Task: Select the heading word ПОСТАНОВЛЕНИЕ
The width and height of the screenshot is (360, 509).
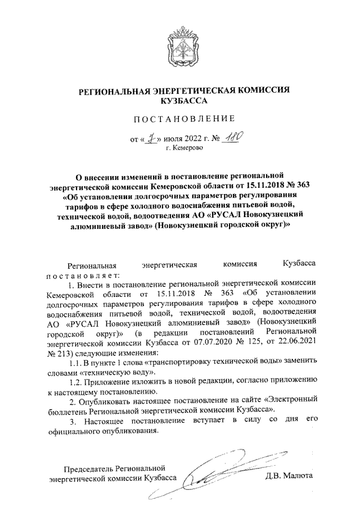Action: pos(180,118)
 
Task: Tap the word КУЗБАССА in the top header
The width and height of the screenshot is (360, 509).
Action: pos(180,101)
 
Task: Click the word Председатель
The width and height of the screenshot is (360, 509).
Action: pos(89,468)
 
